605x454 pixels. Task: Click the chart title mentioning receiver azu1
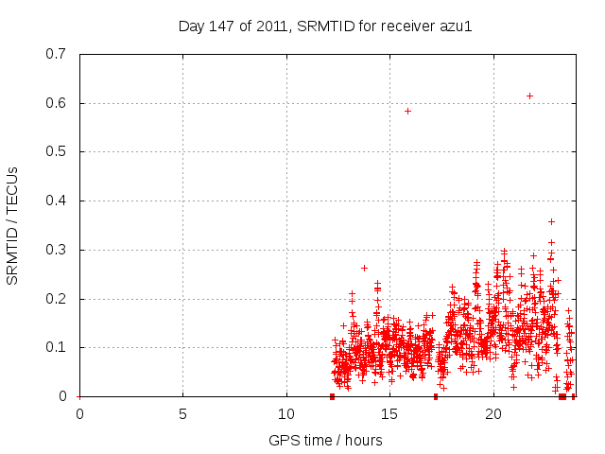(325, 26)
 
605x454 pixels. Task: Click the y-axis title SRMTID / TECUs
(12, 225)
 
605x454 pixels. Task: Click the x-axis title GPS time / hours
(325, 440)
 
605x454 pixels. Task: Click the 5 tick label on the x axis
(182, 413)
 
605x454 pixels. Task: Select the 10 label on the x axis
(286, 413)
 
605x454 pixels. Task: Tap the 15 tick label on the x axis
(389, 413)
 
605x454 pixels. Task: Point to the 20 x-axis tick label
(493, 413)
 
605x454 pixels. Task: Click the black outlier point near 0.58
(407, 111)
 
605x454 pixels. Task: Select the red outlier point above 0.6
(529, 96)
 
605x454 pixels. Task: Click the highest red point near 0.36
(551, 221)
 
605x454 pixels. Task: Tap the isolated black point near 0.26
(364, 268)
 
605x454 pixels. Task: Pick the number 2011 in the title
(270, 26)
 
